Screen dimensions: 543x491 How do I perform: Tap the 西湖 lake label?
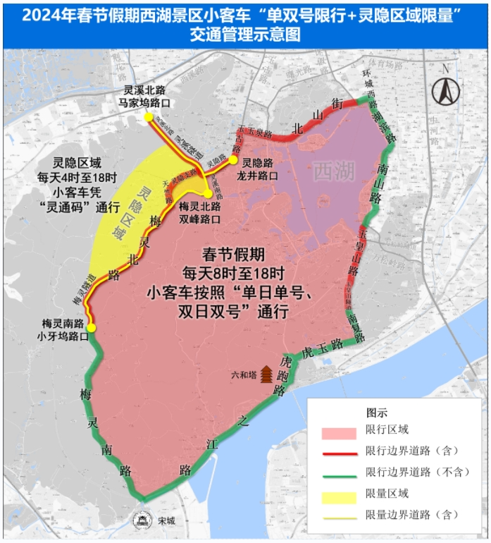pos(334,170)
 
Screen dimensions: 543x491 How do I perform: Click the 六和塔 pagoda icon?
pos(267,374)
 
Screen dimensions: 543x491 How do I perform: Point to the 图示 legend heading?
pos(377,412)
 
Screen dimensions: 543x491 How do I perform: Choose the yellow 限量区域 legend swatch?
pos(337,497)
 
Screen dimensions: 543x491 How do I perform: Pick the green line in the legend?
pos(337,475)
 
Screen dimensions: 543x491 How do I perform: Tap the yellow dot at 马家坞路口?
pos(149,118)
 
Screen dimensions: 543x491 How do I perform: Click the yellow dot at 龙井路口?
pos(233,161)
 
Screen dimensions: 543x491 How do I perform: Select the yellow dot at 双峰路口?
pos(208,194)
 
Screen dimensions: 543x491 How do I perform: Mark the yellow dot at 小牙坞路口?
pos(92,327)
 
